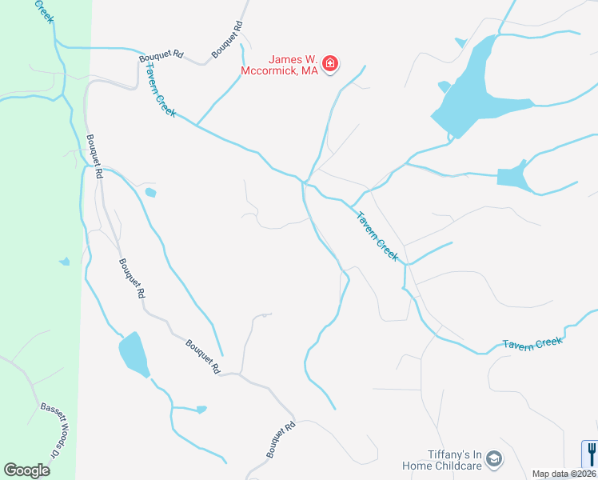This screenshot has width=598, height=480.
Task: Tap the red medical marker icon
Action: point(330,64)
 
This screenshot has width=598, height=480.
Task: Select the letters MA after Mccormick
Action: point(309,71)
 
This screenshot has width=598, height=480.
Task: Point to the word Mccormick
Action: point(269,71)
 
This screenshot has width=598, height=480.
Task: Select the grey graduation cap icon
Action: point(494,458)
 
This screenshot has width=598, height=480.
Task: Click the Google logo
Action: point(26,470)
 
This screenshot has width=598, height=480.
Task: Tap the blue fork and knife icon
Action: point(591,454)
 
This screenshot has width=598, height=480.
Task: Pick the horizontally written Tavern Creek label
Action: point(532,342)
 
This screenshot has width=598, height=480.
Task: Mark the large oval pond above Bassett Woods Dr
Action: point(134,354)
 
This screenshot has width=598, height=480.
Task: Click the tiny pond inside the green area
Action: point(64,262)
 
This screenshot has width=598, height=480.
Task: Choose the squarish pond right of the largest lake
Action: point(512,177)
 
